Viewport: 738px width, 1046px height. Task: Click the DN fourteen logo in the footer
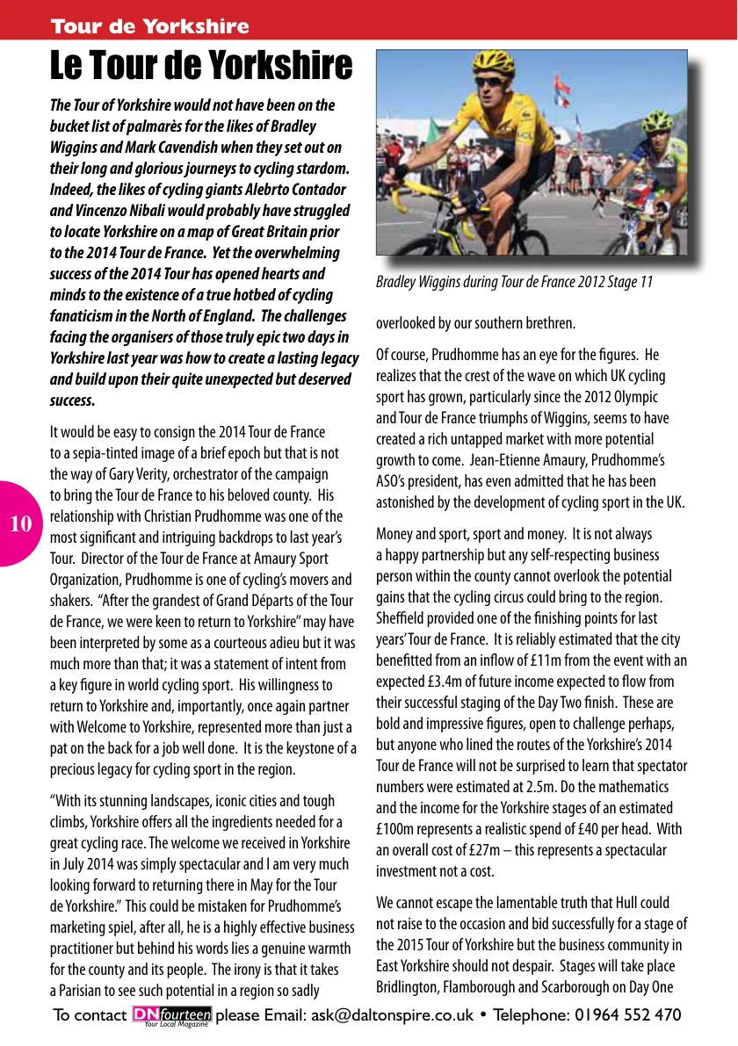[x=171, y=1015]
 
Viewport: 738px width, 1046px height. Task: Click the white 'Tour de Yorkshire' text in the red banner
[x=150, y=26]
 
